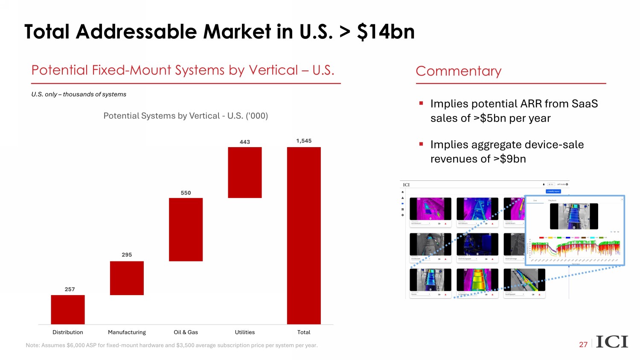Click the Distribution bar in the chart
(x=68, y=309)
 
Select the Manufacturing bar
(x=127, y=278)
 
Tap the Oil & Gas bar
(x=186, y=229)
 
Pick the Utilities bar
(x=244, y=172)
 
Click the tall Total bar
(x=304, y=235)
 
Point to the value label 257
(x=70, y=289)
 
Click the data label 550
(x=186, y=193)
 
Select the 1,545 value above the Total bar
(x=304, y=141)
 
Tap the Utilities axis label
(x=244, y=332)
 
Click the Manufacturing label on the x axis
(x=127, y=332)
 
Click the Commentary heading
(x=458, y=71)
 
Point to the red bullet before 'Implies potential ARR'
(x=421, y=103)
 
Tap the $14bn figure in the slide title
(x=386, y=32)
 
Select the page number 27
(x=583, y=345)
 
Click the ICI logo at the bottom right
(x=612, y=342)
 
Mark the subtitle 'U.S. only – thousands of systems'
(x=79, y=94)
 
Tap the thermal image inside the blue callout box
(x=574, y=216)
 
